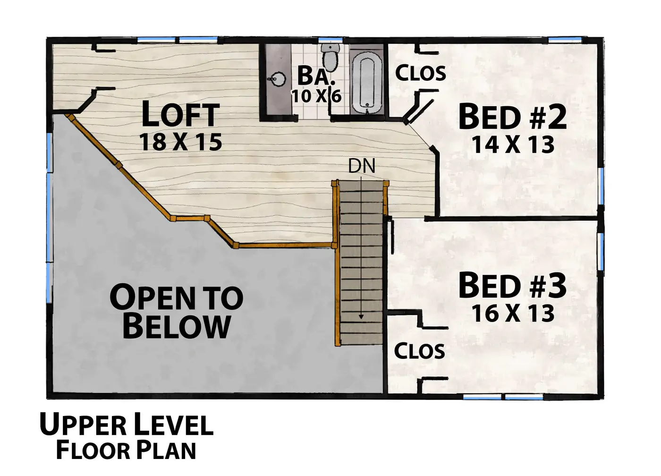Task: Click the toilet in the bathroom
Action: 330,59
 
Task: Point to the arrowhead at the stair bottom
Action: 361,317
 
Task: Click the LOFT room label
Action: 180,114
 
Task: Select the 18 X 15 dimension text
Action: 180,142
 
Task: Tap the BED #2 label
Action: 513,117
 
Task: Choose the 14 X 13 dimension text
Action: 513,144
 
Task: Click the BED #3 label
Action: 513,285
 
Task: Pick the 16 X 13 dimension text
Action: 513,313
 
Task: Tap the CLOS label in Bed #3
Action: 419,351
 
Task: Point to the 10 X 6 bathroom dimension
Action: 316,95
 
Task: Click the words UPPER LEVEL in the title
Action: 127,424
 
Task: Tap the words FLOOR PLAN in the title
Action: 126,450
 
